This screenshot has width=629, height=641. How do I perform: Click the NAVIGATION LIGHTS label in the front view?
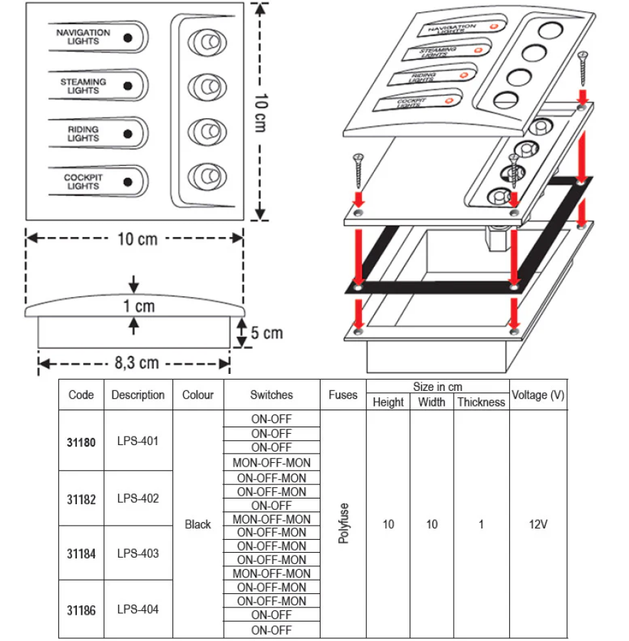[83, 36]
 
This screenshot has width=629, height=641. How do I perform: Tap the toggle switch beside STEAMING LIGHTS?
[206, 87]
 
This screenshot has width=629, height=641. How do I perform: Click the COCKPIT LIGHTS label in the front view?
[83, 182]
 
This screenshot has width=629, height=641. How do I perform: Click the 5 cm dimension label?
[267, 333]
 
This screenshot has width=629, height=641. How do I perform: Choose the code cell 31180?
[80, 441]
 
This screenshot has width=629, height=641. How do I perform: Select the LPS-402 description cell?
[137, 499]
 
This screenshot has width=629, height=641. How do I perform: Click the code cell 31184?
[80, 553]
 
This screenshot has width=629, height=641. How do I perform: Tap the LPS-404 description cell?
[137, 610]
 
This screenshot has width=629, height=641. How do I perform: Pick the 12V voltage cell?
[539, 525]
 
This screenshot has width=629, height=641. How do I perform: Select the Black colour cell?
[197, 525]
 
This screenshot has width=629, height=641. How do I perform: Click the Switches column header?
[271, 395]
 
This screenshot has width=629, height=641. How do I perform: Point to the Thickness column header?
[481, 402]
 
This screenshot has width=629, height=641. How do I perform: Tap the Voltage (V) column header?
[539, 395]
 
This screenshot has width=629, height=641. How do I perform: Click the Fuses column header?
[343, 395]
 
